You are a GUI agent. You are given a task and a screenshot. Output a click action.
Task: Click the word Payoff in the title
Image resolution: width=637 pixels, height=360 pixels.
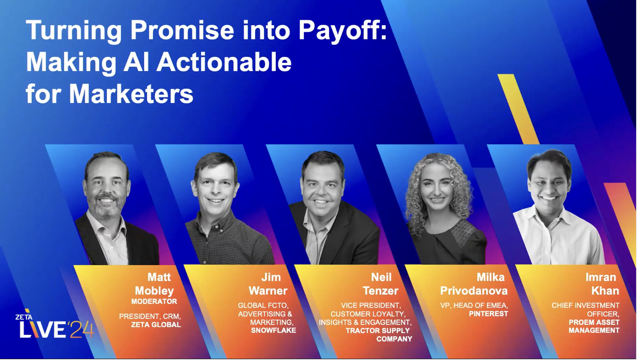340,31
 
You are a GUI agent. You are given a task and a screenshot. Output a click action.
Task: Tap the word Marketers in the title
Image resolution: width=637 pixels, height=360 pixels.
131,94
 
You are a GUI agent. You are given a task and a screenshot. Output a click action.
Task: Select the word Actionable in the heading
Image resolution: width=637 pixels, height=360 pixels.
224,62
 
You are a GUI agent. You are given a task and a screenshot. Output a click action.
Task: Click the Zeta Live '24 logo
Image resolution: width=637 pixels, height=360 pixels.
54,326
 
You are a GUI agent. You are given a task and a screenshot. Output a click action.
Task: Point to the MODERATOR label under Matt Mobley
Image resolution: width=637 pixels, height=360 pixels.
154,301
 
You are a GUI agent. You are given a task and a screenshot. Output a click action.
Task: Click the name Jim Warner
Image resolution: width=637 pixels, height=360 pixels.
268,284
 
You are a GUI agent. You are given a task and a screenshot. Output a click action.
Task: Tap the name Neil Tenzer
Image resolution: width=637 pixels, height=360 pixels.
380,284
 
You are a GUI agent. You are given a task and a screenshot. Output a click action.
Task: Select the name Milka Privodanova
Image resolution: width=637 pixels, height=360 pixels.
474,284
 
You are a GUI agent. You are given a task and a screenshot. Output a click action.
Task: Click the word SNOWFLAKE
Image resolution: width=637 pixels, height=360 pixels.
273,330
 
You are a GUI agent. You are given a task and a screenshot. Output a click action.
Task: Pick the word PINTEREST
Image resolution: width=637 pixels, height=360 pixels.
488,314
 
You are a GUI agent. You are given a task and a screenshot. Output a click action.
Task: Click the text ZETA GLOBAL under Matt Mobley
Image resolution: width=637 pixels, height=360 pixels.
156,325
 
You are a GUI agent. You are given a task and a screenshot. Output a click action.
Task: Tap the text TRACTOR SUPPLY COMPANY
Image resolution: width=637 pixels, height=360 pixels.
378,335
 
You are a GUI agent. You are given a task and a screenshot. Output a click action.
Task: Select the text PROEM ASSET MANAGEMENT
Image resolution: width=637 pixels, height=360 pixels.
594,326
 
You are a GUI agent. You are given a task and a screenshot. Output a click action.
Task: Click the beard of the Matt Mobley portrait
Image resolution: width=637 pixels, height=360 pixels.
105,210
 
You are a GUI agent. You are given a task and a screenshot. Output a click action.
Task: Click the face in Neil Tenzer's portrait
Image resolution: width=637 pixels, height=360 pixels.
323,188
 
